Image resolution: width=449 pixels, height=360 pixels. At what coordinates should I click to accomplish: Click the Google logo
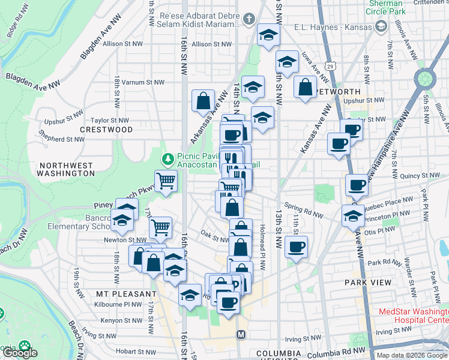(20, 353)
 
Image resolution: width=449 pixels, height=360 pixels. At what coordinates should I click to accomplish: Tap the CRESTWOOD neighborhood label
(106, 130)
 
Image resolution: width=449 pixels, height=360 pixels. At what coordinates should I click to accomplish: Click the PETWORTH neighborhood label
(337, 92)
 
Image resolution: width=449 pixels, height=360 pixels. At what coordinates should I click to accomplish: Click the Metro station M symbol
(241, 334)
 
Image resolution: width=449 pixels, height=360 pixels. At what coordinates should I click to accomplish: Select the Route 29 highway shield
(330, 65)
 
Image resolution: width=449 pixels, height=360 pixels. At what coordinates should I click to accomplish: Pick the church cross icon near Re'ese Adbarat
(250, 19)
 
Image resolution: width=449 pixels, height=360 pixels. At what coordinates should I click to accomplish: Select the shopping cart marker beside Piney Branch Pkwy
(166, 179)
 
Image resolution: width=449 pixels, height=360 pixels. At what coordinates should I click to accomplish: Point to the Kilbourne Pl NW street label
(121, 305)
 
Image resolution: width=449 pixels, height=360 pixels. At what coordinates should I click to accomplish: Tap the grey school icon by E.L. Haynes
(381, 26)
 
